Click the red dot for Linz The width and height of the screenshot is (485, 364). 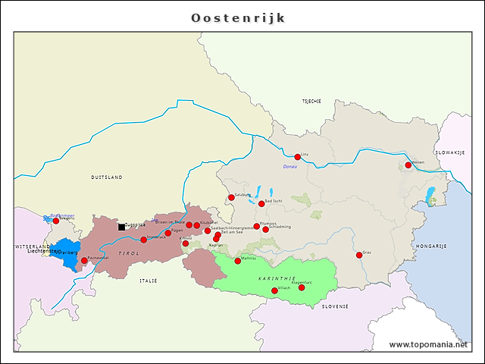[298, 157]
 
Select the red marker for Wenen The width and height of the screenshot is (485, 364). [408, 165]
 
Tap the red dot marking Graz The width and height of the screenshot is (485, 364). [359, 255]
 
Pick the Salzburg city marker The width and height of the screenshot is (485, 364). [231, 198]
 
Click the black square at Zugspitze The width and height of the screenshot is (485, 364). [121, 226]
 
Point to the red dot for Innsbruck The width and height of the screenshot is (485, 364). [143, 240]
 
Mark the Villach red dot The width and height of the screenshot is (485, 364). [274, 290]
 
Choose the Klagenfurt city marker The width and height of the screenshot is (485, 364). [302, 287]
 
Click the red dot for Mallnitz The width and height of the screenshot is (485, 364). [237, 261]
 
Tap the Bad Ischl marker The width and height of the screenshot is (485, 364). [261, 203]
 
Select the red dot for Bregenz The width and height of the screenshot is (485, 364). [55, 221]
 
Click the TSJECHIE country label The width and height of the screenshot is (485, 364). [311, 101]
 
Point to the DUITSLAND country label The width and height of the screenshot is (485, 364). [106, 177]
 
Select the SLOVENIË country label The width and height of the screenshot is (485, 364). [334, 306]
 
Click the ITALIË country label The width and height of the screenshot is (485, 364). [148, 281]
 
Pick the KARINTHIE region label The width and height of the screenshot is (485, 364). [271, 279]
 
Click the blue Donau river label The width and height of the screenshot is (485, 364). [290, 167]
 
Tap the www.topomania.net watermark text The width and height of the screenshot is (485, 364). [429, 344]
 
